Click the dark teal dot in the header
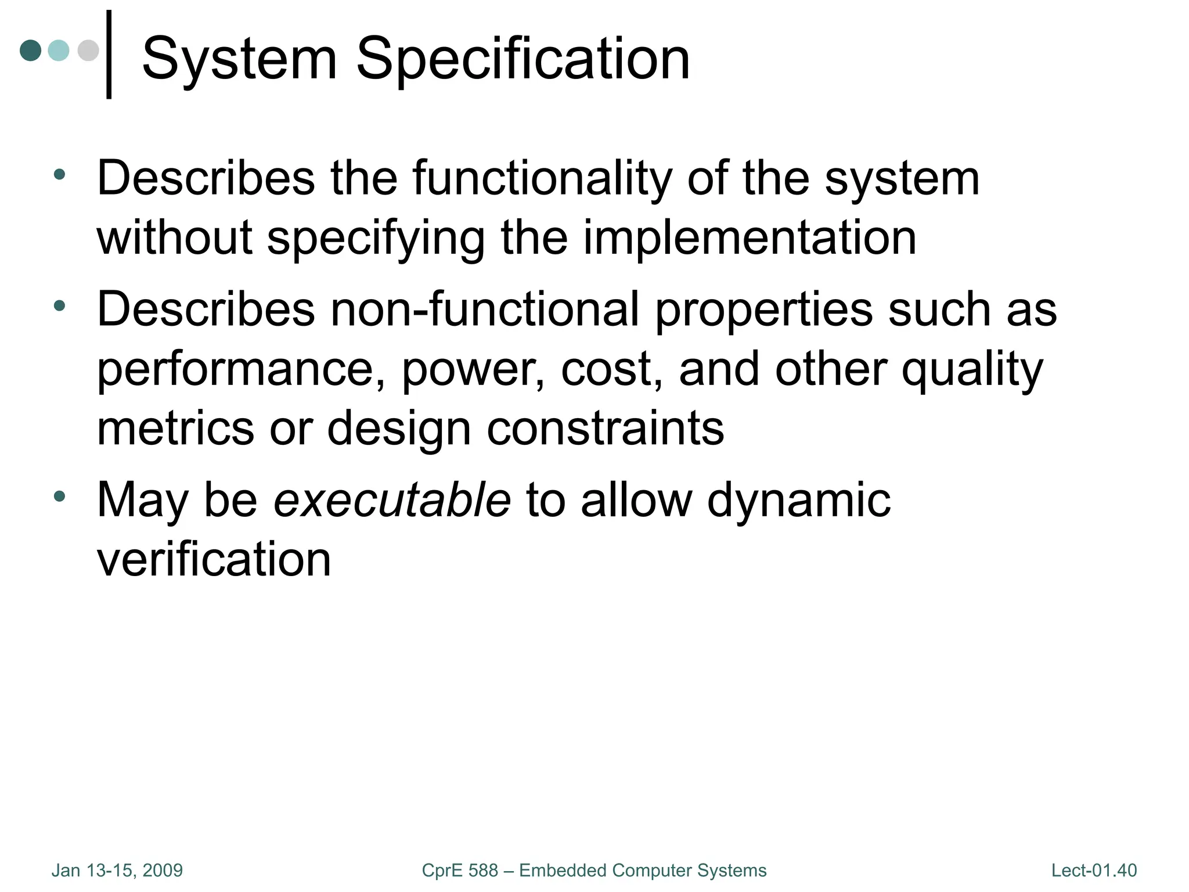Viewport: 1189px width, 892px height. (31, 51)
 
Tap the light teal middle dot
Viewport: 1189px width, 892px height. (59, 51)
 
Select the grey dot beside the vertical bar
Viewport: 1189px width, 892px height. (88, 51)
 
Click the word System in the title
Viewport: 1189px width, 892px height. (239, 59)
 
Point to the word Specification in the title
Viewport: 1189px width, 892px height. (523, 59)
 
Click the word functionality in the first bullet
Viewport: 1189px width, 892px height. (542, 178)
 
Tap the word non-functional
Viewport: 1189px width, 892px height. (485, 309)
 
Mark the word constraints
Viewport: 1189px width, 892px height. (605, 429)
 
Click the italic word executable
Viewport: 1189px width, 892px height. (392, 500)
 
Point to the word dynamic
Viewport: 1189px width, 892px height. (798, 500)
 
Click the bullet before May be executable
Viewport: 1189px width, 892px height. (59, 497)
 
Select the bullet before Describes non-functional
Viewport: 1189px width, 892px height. (59, 305)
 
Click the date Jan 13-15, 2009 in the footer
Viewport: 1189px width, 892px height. (117, 871)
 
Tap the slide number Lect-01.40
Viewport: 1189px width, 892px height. (1094, 871)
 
